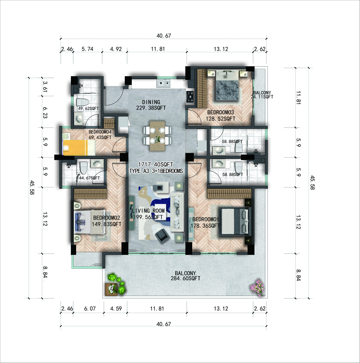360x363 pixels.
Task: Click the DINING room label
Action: click(151, 102)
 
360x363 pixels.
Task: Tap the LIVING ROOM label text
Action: click(148, 211)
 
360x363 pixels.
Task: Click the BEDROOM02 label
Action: click(107, 218)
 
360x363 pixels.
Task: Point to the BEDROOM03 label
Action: click(221, 112)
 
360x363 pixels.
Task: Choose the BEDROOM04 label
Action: click(100, 132)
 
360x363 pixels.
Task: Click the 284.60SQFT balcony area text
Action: click(185, 278)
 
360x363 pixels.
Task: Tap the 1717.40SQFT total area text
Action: click(156, 165)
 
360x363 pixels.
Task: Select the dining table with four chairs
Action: click(157, 136)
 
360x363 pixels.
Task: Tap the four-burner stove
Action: click(190, 96)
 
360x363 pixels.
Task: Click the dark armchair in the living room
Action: click(162, 236)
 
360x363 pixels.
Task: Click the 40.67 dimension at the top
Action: click(164, 36)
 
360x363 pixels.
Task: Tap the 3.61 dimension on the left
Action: click(45, 87)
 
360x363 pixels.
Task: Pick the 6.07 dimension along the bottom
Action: click(90, 309)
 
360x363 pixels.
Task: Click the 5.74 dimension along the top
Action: click(87, 49)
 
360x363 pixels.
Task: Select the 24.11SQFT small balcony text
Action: click(262, 97)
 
